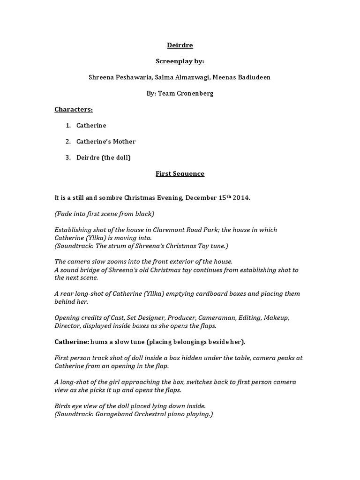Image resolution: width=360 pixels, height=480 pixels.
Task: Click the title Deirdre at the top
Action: tap(180, 45)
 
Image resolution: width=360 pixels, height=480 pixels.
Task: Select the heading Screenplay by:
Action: tap(180, 61)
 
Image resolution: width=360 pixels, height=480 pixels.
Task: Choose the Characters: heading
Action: tap(74, 109)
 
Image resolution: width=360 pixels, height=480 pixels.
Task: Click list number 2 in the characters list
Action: tap(68, 142)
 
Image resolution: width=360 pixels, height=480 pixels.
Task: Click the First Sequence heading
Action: tap(180, 173)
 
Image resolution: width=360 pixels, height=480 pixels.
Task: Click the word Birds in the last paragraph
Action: tap(63, 405)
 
